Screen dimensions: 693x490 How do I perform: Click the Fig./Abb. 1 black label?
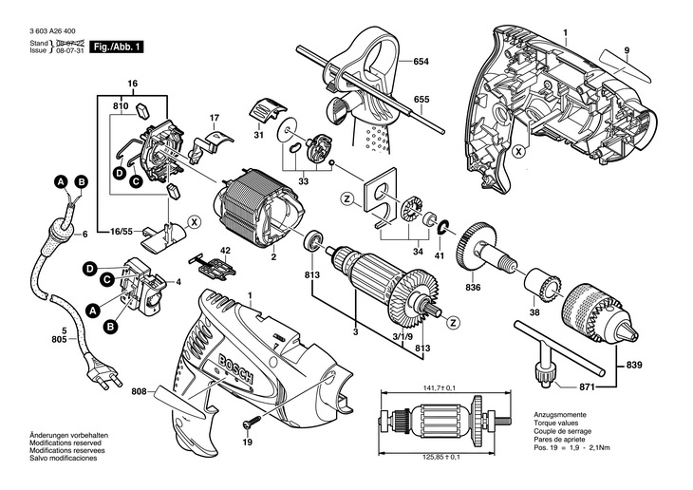coord(117,47)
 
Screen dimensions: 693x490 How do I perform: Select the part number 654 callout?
coord(421,62)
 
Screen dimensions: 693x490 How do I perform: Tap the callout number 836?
coord(473,288)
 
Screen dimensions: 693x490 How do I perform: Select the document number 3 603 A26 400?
coord(52,31)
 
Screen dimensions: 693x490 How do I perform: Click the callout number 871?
coord(586,387)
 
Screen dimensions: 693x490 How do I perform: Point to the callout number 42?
coord(225,251)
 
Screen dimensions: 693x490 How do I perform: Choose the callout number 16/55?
coord(122,231)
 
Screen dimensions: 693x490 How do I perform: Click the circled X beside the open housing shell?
coord(518,152)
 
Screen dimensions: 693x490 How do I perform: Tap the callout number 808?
coord(140,391)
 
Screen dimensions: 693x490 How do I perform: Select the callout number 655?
coord(421,100)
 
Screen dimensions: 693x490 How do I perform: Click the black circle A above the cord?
coord(61,181)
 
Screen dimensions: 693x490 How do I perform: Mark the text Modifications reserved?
coord(66,443)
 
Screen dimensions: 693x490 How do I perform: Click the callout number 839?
coord(634,366)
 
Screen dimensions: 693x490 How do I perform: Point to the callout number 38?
coord(534,312)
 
